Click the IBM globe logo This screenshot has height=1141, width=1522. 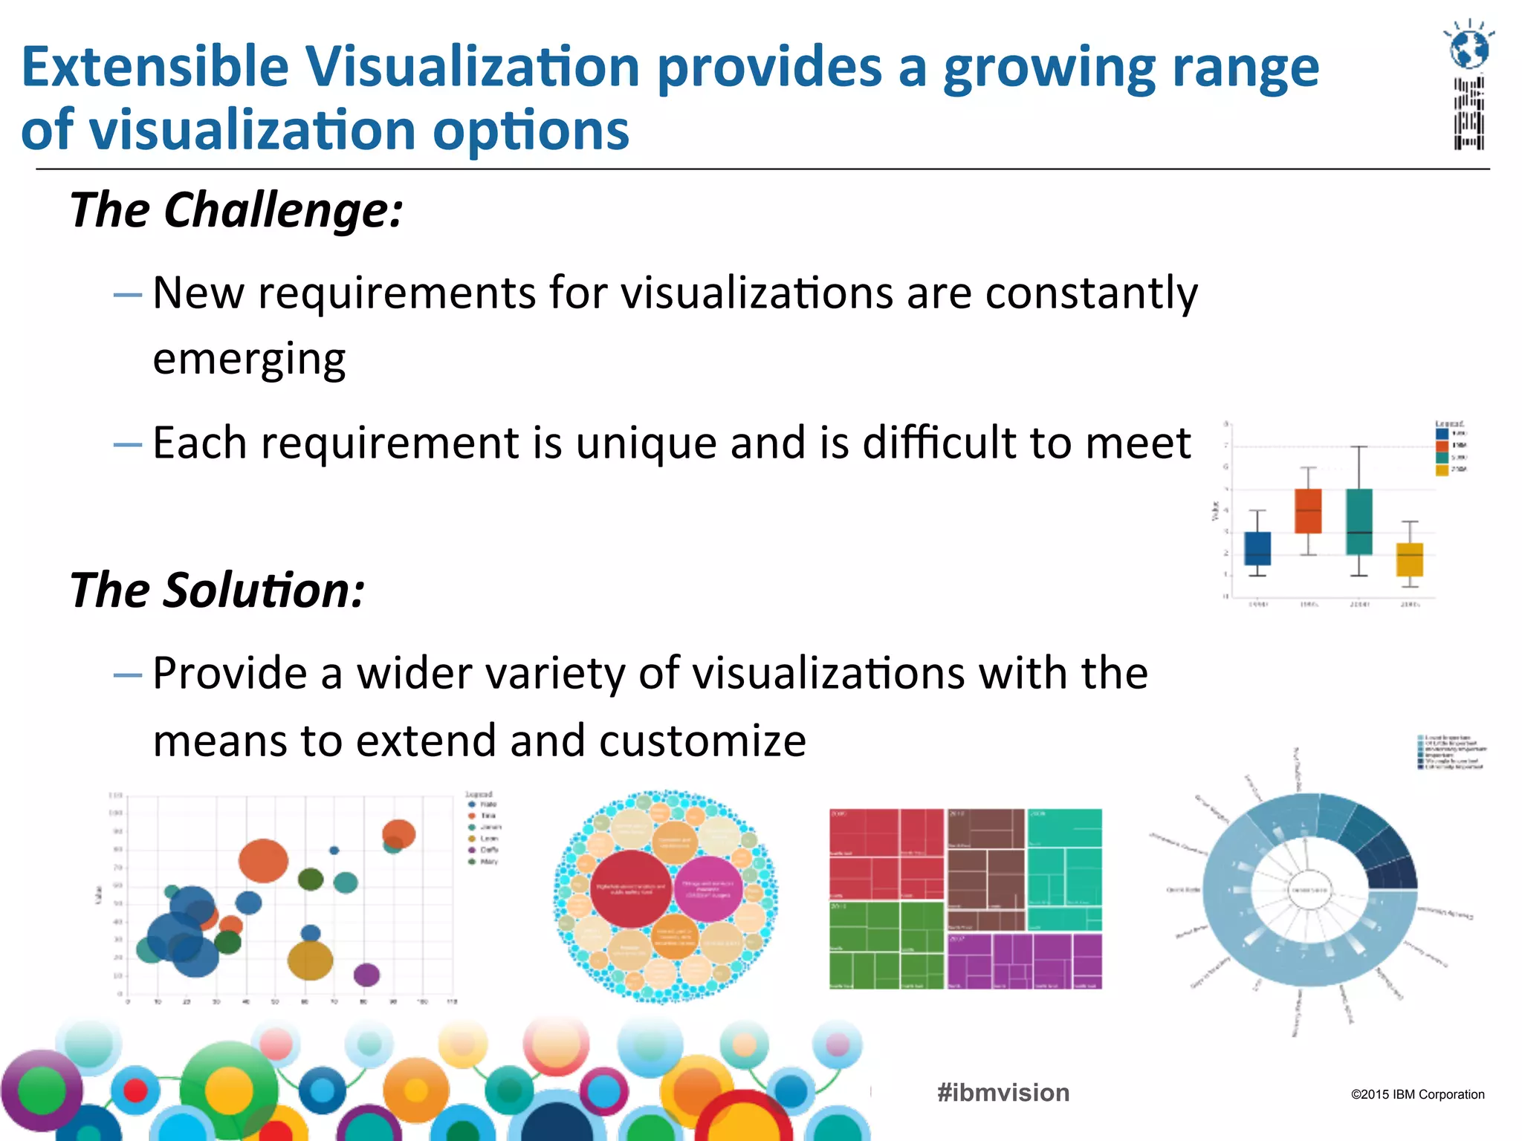click(x=1469, y=48)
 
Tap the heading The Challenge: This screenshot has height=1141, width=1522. click(x=236, y=210)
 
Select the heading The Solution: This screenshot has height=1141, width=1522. click(x=217, y=591)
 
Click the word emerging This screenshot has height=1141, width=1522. click(x=249, y=359)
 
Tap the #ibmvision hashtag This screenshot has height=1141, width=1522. click(x=1003, y=1093)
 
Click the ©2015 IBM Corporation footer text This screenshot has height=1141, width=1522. click(x=1417, y=1094)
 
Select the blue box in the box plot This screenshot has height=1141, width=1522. click(x=1257, y=548)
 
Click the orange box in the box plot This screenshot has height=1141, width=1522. click(x=1308, y=511)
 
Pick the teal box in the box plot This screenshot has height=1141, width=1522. click(x=1359, y=521)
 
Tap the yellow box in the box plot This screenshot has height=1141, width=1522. click(x=1410, y=559)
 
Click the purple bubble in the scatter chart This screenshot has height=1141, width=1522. click(x=366, y=975)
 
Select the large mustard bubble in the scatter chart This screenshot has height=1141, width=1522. click(x=310, y=960)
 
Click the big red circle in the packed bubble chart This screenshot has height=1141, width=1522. click(x=631, y=889)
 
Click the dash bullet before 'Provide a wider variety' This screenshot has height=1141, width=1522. click(x=127, y=675)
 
